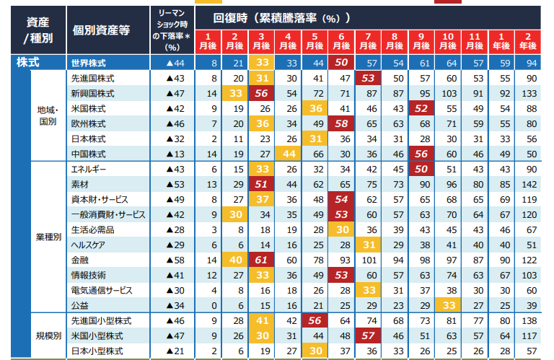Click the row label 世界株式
[89, 63]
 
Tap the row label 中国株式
[89, 153]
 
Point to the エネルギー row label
[89, 169]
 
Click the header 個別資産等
[100, 30]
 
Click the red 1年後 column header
[504, 40]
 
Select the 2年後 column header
[532, 40]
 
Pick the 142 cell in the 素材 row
[532, 185]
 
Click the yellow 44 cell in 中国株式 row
[289, 153]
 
